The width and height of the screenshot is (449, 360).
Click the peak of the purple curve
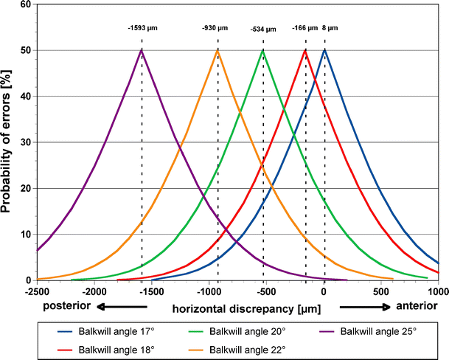pos(142,50)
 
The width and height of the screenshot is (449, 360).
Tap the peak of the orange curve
pos(217,50)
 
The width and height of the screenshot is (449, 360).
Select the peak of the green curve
pos(263,50)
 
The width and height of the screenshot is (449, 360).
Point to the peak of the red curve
pos(305,50)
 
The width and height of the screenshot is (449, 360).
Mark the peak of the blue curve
pos(325,50)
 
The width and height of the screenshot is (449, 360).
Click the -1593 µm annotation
pos(142,28)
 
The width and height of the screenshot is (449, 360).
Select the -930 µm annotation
pos(217,28)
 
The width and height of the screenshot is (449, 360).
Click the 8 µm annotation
pos(331,28)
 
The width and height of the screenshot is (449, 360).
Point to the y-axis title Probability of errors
pos(9,140)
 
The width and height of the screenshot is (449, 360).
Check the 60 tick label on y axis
pos(26,4)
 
